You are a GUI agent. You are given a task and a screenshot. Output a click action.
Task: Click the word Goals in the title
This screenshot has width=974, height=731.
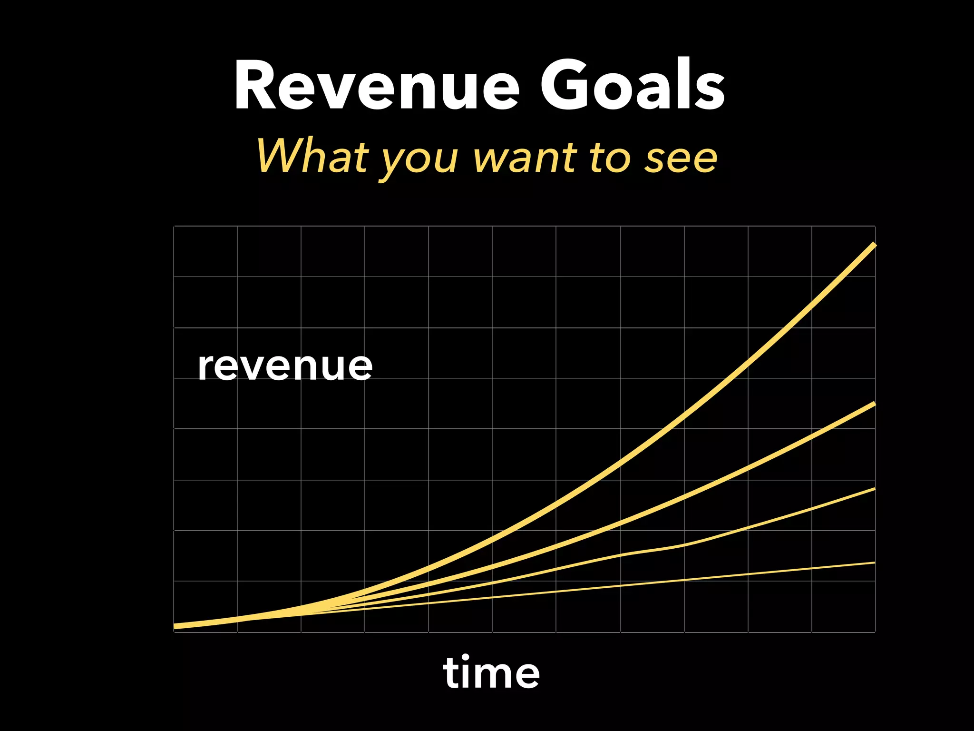[633, 86]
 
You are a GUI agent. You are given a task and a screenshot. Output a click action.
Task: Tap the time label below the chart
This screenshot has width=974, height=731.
[491, 672]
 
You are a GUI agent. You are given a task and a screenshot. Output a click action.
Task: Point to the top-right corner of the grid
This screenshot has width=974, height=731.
[875, 226]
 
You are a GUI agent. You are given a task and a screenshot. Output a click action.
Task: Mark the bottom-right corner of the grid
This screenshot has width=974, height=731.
[875, 632]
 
